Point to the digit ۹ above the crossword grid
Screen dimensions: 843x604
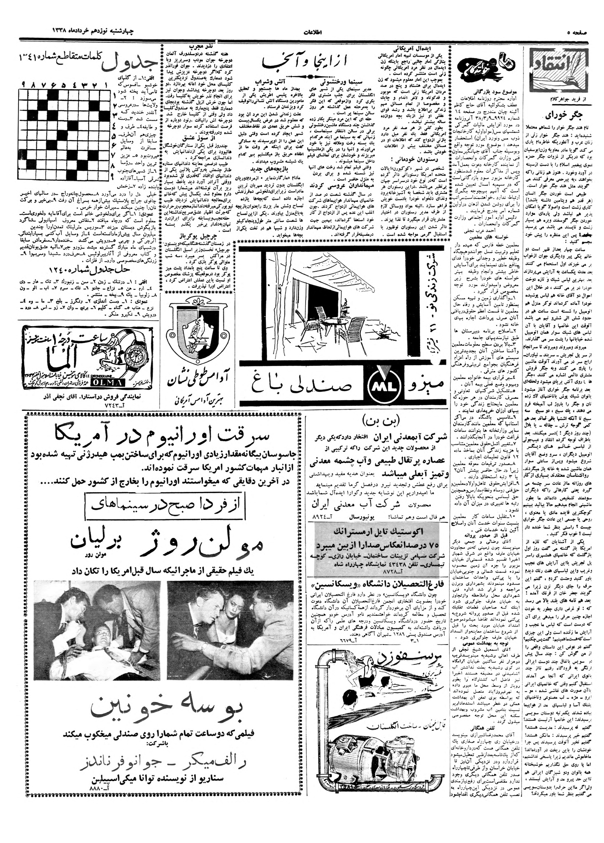(24, 84)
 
